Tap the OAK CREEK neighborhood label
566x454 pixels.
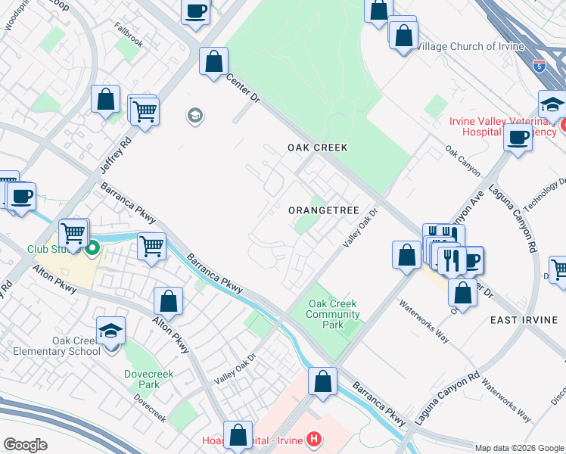click(x=317, y=148)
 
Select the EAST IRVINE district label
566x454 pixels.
click(x=524, y=320)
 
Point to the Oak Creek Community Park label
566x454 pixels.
click(x=333, y=315)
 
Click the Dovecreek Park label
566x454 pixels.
click(x=142, y=379)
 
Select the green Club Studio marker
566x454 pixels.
click(x=93, y=247)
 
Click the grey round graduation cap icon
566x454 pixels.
click(x=194, y=116)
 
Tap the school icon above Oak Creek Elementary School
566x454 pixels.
click(x=110, y=331)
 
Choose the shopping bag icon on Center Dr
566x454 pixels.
click(x=214, y=61)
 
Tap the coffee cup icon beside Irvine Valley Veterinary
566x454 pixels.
click(x=518, y=137)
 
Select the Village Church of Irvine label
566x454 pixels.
click(x=471, y=46)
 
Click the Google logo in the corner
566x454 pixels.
click(x=25, y=445)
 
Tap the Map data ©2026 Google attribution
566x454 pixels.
click(x=518, y=448)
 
